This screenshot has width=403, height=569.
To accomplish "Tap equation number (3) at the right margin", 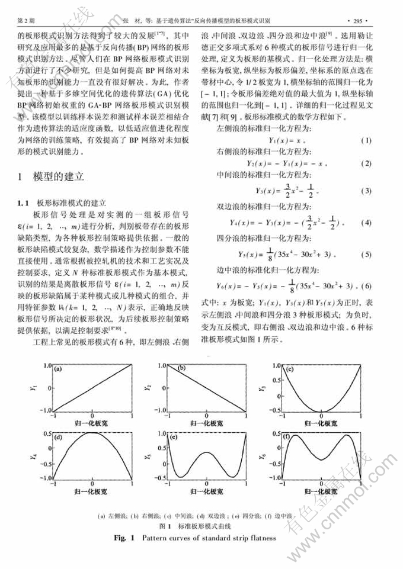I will click(x=367, y=190).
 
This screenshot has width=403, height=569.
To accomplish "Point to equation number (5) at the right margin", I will click(x=367, y=255).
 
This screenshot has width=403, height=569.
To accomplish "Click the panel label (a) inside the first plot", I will click(x=58, y=370).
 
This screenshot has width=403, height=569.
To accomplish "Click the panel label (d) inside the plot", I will click(x=58, y=437).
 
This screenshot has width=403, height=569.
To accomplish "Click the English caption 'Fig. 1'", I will click(x=129, y=538).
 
